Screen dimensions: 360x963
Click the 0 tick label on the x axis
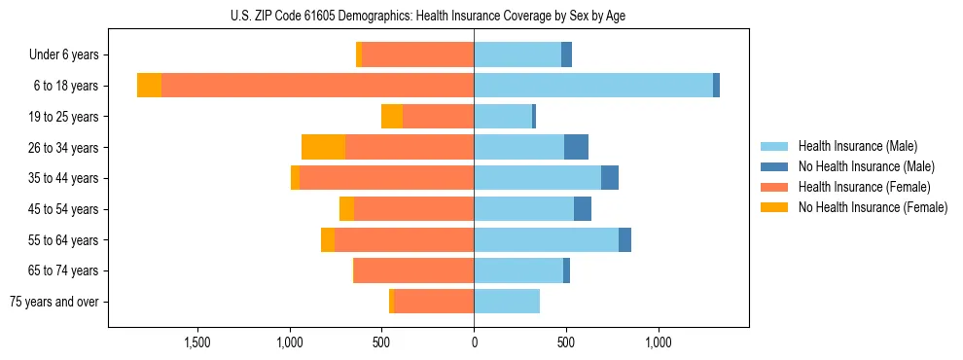(x=474, y=342)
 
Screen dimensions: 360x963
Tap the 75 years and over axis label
(x=53, y=302)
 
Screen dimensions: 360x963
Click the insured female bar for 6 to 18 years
(x=317, y=86)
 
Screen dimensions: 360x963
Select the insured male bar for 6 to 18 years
(x=593, y=86)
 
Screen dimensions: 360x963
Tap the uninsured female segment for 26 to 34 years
(x=324, y=147)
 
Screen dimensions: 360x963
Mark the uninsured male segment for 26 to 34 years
(x=576, y=147)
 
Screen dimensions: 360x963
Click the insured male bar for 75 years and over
(x=507, y=302)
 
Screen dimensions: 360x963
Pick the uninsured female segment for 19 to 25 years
(x=392, y=117)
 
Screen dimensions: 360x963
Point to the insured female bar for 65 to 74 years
(x=413, y=270)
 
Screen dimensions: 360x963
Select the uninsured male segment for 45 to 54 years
(x=583, y=209)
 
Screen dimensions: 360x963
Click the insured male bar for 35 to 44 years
(x=537, y=178)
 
